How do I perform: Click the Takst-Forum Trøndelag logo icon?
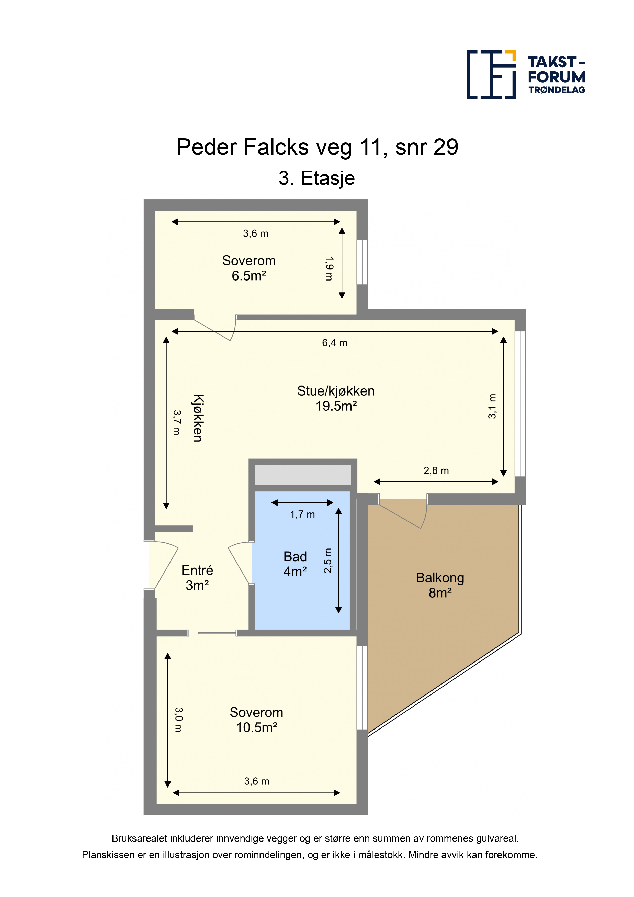[491, 75]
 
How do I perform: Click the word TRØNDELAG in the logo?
[557, 90]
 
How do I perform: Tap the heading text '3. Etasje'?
[316, 178]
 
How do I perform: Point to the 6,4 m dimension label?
[334, 343]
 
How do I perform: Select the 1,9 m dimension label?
[329, 268]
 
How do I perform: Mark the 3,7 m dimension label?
[177, 422]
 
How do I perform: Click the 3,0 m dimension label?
[178, 720]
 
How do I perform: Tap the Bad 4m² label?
[295, 564]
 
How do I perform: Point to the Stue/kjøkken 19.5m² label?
[336, 398]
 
